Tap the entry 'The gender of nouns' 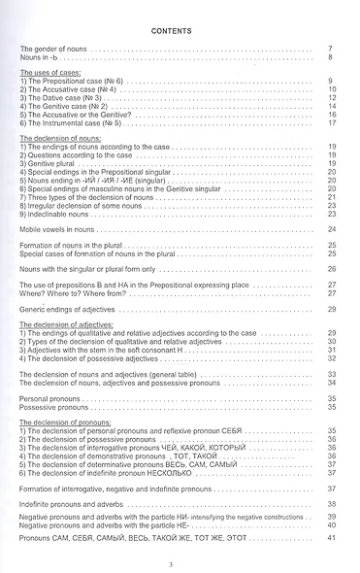55,49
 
